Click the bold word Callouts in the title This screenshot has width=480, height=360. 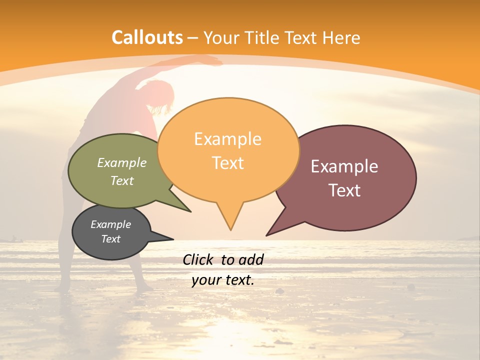147,37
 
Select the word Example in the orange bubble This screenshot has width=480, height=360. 227,139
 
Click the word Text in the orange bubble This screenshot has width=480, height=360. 227,163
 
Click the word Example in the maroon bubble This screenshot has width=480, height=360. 344,166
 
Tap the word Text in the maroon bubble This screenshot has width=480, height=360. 344,190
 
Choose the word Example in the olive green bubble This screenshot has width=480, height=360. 122,162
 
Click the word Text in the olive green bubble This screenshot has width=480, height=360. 122,180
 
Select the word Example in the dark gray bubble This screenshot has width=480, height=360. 110,224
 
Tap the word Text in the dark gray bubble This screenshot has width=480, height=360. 110,239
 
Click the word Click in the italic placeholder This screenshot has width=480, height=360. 199,259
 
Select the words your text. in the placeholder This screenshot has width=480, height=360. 223,280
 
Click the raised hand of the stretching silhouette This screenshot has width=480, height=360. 215,61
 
